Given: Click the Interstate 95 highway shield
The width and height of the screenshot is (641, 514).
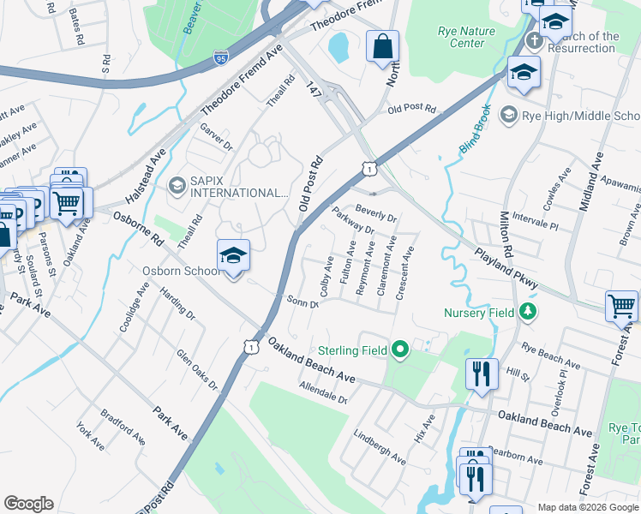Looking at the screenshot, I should [221, 58].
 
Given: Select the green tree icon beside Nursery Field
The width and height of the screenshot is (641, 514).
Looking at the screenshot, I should [529, 312].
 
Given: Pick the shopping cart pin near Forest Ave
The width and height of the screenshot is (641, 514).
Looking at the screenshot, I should [621, 305].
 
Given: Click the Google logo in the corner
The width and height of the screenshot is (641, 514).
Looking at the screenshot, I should [28, 504].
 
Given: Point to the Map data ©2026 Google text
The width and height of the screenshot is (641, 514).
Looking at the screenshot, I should [587, 507].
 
